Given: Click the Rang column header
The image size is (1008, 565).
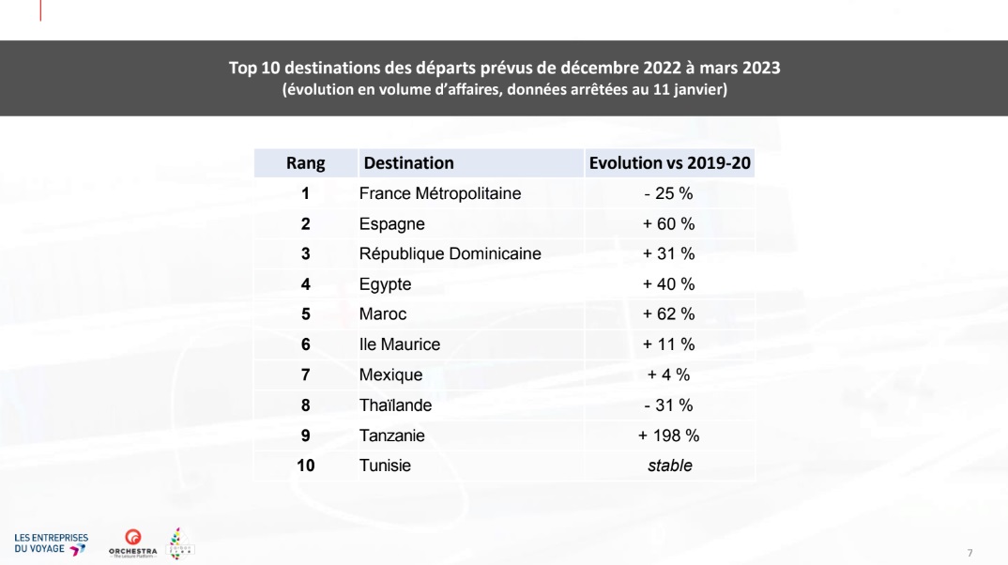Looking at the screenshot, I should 305,163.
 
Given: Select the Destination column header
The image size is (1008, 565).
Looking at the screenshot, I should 408,163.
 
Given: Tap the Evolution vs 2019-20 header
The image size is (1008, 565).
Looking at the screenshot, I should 669,163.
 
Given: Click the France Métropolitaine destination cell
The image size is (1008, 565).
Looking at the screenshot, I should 439,194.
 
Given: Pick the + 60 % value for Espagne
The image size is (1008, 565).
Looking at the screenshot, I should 669,224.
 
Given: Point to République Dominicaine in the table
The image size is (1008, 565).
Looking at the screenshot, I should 450,253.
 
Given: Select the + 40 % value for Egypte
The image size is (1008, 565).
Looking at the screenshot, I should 669,284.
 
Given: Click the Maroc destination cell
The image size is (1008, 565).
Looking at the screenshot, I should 383,314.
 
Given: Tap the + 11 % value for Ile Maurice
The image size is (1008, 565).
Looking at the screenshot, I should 669,344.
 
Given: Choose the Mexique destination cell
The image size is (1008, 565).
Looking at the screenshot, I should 390,374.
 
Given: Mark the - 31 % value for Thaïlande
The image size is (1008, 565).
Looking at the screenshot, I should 669,405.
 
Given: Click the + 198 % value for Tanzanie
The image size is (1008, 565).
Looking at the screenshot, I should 669,435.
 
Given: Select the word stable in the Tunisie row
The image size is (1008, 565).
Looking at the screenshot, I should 669,466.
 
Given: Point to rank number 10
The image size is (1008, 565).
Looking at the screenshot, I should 305,466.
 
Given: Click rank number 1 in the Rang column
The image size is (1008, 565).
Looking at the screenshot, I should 305,194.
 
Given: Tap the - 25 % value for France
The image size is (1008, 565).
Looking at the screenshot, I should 669,194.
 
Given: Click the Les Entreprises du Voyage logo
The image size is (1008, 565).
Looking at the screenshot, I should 51,543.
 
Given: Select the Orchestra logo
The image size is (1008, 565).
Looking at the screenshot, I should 132,542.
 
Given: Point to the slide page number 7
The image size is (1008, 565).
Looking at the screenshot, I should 970,551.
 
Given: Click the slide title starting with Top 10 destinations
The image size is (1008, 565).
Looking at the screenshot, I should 504,69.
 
